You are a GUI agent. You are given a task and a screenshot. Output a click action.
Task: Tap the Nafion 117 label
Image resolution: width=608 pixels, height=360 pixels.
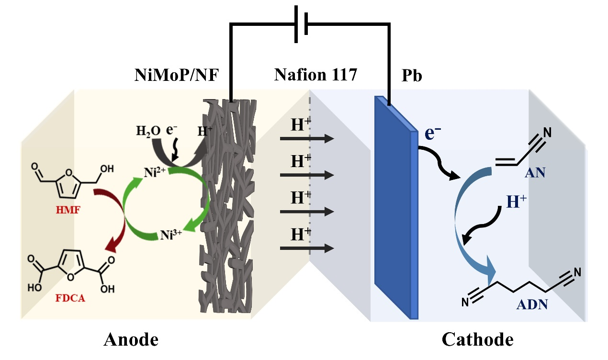click(315, 75)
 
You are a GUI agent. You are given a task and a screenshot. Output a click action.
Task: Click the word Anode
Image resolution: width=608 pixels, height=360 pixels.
click(131, 340)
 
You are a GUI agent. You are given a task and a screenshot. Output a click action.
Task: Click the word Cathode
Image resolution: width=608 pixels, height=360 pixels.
click(477, 340)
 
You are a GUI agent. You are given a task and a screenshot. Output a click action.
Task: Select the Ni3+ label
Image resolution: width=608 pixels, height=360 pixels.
click(171, 235)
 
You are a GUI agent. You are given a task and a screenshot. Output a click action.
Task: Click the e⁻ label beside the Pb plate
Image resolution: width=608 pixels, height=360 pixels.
click(434, 134)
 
